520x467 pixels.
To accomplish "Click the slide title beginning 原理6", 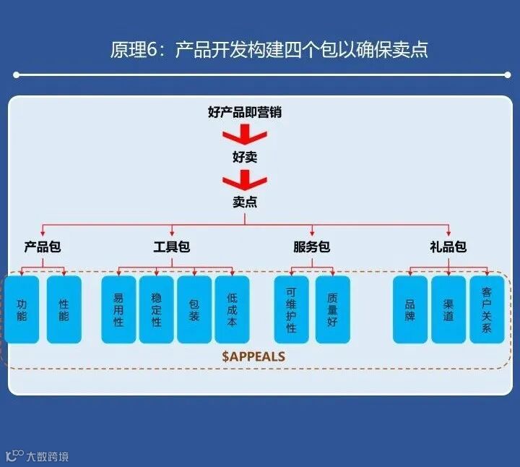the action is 269,49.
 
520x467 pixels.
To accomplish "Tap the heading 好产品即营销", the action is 244,112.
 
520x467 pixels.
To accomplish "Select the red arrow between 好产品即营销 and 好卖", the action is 244,134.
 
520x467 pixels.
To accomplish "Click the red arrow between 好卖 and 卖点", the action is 244,179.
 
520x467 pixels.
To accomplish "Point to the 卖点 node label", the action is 244,202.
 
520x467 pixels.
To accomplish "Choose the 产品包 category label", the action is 42,247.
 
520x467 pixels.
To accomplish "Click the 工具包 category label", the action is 172,247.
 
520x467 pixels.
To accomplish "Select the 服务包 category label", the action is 311,247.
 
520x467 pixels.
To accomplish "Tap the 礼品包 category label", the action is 448,247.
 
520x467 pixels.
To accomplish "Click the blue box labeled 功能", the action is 22,309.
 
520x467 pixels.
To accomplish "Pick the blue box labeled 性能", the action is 64,309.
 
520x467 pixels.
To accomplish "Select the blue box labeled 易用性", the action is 118,309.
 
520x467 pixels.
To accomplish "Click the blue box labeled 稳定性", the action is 156,309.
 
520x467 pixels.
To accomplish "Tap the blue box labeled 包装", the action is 194,309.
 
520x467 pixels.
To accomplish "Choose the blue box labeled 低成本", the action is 232,309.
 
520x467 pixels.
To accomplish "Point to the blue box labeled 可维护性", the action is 291,309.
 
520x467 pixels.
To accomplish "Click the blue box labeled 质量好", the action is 332,309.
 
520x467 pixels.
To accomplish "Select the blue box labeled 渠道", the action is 448,309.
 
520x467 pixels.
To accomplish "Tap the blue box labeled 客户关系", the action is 487,309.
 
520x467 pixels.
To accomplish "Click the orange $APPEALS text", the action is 253,356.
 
